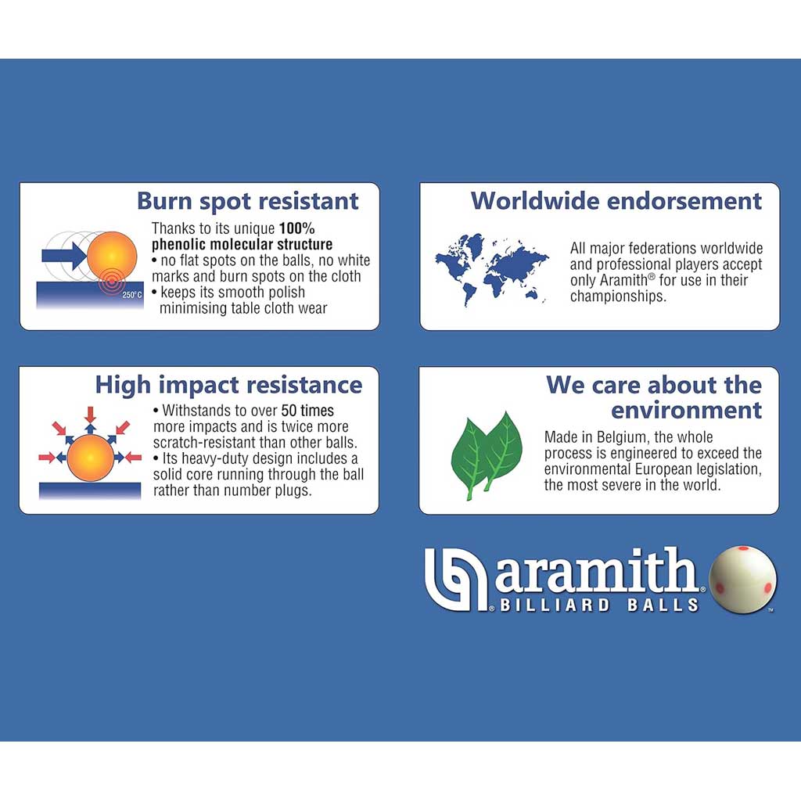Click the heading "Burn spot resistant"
click(x=248, y=202)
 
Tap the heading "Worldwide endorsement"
click(x=616, y=201)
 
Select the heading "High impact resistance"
click(x=229, y=385)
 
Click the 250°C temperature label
click(x=131, y=295)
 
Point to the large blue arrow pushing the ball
click(x=64, y=256)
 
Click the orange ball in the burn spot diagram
click(x=112, y=256)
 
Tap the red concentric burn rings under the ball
click(x=111, y=282)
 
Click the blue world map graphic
click(x=492, y=269)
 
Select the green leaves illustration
click(x=487, y=455)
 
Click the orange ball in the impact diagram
click(x=91, y=458)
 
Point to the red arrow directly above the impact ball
click(x=91, y=414)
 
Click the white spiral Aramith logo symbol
click(x=456, y=580)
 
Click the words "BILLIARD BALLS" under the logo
click(x=599, y=605)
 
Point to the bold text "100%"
click(x=296, y=228)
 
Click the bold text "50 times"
click(x=307, y=411)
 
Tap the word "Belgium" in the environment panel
click(x=621, y=438)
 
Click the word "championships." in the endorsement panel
click(x=618, y=296)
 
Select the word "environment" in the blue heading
click(x=687, y=410)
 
